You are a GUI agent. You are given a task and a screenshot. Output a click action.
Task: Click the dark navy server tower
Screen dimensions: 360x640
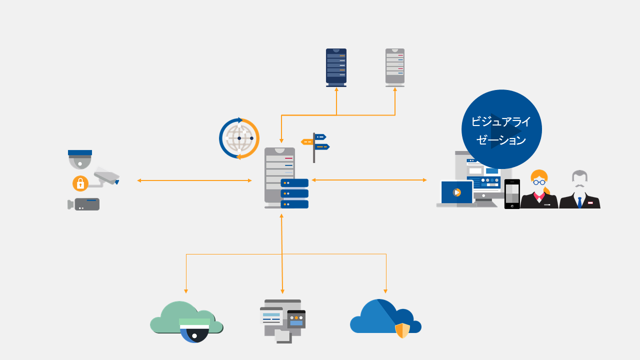[336, 67]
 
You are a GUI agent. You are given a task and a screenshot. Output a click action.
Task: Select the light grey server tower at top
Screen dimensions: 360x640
[395, 67]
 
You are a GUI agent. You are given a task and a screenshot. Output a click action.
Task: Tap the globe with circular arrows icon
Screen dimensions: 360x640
[239, 138]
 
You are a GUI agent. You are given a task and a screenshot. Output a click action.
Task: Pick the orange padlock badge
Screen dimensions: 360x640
[80, 183]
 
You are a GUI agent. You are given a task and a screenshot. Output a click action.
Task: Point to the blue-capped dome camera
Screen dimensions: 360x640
[80, 158]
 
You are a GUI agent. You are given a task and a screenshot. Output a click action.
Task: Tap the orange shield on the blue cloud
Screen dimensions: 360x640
[402, 330]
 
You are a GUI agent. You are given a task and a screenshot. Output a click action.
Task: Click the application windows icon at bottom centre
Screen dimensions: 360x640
[282, 320]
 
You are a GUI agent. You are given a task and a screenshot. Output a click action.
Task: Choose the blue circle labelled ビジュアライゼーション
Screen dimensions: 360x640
[501, 129]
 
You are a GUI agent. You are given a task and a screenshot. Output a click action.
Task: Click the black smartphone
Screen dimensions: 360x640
[512, 193]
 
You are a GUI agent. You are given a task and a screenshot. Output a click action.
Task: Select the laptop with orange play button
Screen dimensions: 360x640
[456, 193]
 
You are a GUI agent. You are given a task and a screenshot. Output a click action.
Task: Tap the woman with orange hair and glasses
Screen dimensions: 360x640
[539, 190]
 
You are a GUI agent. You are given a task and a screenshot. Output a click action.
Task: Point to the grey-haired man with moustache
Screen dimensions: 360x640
[579, 190]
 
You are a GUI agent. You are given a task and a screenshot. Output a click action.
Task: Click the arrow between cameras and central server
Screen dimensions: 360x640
[194, 180]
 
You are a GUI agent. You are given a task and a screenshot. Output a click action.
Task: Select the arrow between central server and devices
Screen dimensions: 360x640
[369, 180]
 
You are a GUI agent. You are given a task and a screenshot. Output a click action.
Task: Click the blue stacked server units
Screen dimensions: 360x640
[294, 193]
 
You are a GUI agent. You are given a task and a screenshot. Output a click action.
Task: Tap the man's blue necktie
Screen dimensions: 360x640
[579, 202]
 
